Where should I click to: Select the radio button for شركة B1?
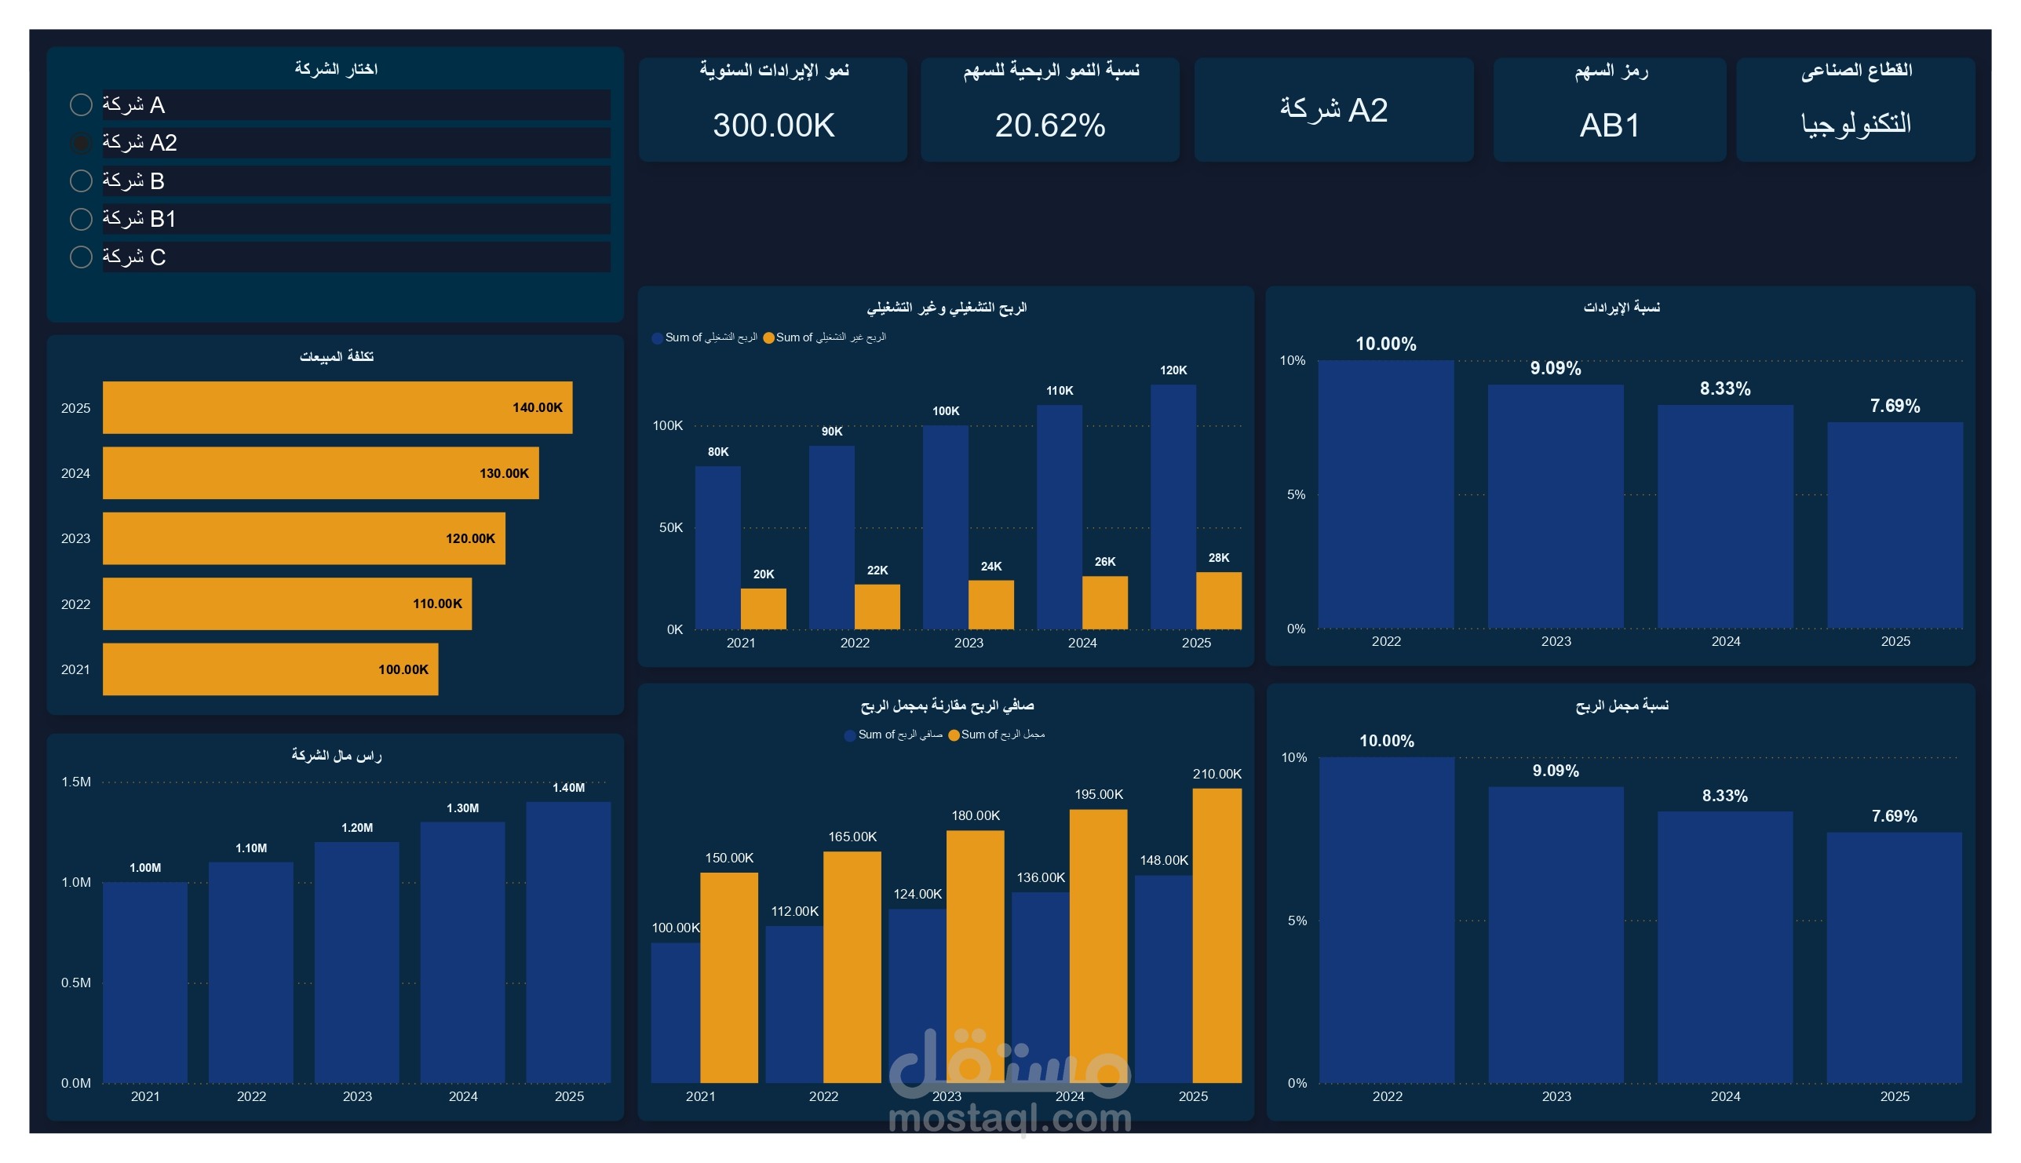[81, 219]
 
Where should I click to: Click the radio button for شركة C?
[81, 257]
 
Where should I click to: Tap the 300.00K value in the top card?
[773, 126]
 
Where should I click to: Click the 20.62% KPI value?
[1049, 126]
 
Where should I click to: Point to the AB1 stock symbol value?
[1610, 126]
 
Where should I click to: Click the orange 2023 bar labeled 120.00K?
[304, 538]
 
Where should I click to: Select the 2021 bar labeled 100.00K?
[270, 669]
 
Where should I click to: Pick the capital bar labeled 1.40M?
[568, 942]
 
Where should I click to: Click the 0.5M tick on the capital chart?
[76, 983]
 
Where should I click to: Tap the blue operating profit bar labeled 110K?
[1060, 517]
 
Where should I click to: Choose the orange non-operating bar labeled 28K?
[1218, 600]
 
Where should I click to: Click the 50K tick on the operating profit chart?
[671, 527]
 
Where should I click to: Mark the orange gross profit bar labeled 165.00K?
[852, 967]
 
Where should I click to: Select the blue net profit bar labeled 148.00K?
[1163, 979]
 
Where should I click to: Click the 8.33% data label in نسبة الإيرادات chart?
[1724, 389]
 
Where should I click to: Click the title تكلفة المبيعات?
[336, 356]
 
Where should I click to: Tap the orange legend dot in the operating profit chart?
[768, 338]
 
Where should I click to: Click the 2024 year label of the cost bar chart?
[76, 474]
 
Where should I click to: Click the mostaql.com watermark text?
[1009, 1118]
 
